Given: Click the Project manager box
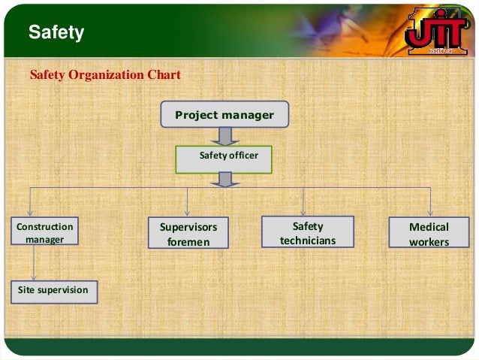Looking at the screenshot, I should [x=224, y=115].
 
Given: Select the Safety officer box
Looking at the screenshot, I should [x=223, y=159].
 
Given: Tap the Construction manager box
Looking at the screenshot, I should [x=44, y=233].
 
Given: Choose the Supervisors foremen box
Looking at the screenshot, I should [x=188, y=234].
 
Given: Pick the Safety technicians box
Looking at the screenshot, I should [x=307, y=232].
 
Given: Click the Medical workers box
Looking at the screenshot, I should [x=429, y=233].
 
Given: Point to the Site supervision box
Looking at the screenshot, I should [x=53, y=290].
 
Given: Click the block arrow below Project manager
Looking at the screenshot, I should [x=224, y=137].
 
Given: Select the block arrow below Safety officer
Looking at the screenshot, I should [x=224, y=180].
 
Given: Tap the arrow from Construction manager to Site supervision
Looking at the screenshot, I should [x=34, y=264].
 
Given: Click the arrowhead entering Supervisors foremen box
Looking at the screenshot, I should [x=188, y=213].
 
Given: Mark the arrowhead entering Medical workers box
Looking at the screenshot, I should [x=430, y=213].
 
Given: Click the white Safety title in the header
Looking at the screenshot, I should [x=56, y=32].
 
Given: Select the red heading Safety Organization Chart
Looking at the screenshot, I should [x=104, y=75].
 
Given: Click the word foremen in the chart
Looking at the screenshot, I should [x=188, y=242].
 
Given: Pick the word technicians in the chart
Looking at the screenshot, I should [x=307, y=241].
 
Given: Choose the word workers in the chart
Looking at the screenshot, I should [x=429, y=242].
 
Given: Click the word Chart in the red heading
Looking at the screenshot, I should [x=164, y=75].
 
